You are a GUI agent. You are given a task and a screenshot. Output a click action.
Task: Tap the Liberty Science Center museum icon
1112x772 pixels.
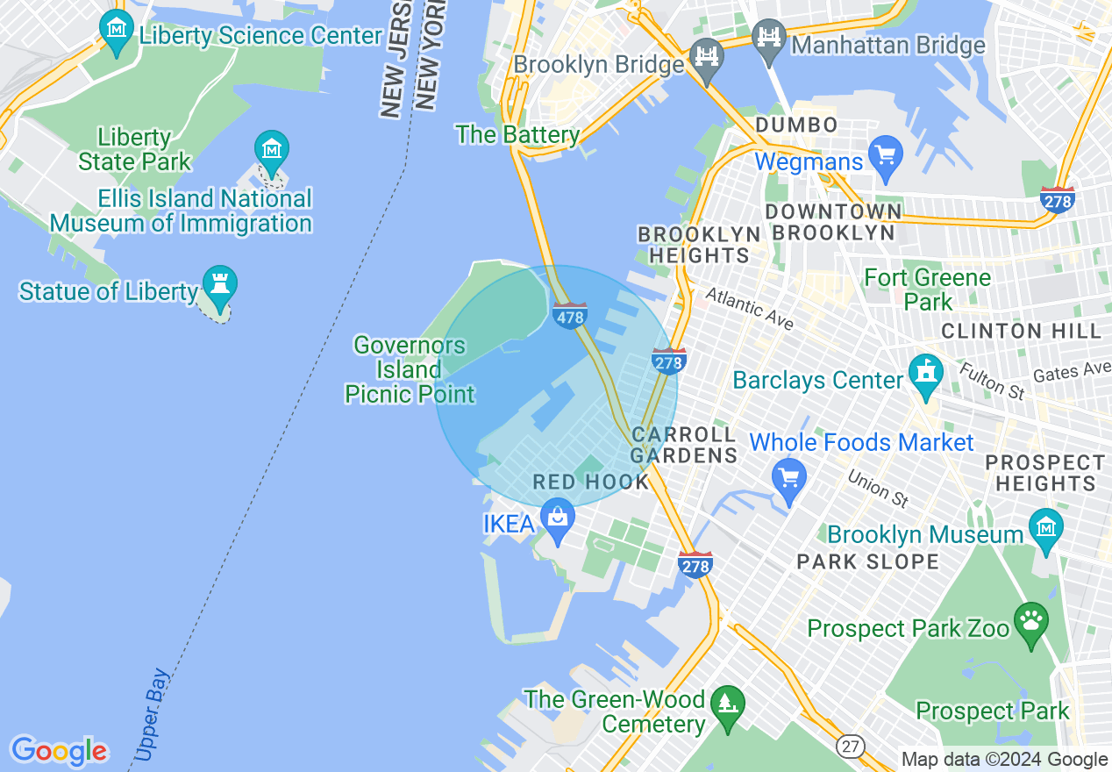point(116,29)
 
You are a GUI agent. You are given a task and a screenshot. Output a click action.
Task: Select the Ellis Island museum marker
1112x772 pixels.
point(272,150)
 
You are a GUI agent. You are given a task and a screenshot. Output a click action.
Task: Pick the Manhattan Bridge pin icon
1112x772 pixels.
point(769,39)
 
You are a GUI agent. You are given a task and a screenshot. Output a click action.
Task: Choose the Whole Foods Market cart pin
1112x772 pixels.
point(789,478)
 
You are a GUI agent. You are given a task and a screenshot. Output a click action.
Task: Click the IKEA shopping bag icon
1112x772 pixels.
point(558,518)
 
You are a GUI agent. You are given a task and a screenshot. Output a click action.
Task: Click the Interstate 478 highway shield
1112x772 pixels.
point(570,316)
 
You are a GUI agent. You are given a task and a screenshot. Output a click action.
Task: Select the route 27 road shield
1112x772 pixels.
point(849,747)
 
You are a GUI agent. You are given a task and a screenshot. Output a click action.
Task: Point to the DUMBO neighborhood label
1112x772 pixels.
point(796,125)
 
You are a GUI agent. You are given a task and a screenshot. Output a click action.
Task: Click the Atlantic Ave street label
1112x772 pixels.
point(749,309)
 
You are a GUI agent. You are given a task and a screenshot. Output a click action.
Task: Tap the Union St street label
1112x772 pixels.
point(877,489)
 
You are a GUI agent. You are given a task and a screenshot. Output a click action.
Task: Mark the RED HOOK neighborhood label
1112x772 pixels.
point(590,482)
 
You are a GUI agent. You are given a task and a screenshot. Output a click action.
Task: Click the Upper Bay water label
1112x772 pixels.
point(151,716)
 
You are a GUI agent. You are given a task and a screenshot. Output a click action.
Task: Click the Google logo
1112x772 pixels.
point(59,751)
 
